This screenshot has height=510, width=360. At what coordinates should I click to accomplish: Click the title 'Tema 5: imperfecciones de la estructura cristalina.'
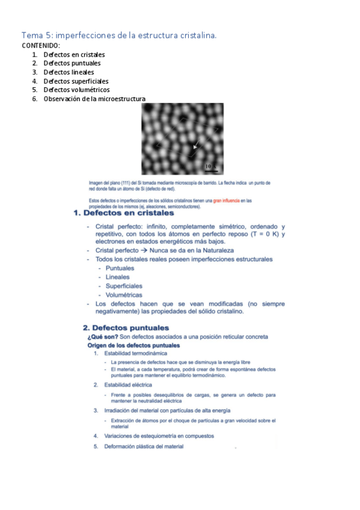119,35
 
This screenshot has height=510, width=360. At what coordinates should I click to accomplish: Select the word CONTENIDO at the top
41,45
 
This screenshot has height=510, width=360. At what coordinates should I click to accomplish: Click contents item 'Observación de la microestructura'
94,99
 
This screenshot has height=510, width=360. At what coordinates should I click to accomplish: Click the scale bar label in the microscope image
210,165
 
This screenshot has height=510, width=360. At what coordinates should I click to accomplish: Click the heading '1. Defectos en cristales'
123,213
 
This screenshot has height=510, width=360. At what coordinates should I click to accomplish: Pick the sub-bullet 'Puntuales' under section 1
120,268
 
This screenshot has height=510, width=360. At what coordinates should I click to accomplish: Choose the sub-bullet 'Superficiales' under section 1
124,286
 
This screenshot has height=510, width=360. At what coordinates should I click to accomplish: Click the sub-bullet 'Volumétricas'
124,295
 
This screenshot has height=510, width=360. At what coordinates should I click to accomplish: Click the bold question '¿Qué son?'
102,337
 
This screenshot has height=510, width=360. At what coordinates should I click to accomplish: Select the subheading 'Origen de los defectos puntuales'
133,346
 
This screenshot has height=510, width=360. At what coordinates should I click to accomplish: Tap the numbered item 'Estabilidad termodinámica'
135,354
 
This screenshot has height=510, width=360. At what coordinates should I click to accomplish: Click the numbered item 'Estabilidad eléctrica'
127,384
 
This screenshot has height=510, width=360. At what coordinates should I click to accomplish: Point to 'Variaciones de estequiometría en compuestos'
159,435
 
